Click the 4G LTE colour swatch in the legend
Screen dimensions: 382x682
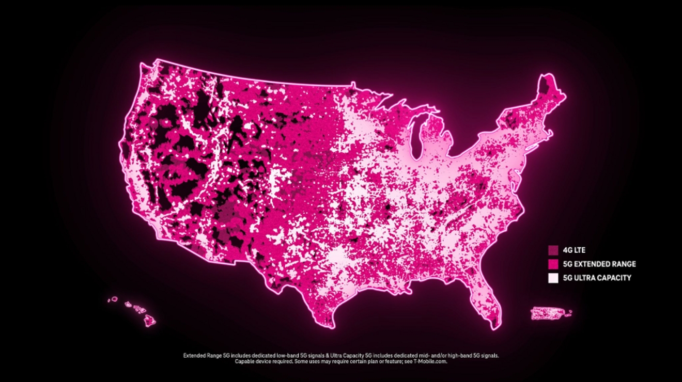pyautogui.click(x=553, y=250)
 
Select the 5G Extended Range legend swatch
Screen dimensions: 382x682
pyautogui.click(x=553, y=264)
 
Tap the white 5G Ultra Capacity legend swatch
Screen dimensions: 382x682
pyautogui.click(x=553, y=278)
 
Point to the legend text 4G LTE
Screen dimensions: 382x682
pyautogui.click(x=574, y=250)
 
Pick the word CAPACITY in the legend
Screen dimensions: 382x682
pyautogui.click(x=614, y=278)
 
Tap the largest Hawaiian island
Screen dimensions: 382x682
pyautogui.click(x=149, y=320)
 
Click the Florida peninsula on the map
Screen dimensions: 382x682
pyautogui.click(x=488, y=299)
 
